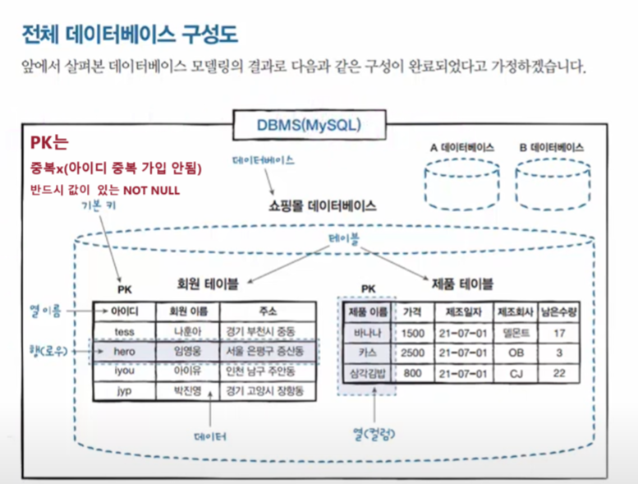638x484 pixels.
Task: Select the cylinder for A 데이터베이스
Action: (x=461, y=182)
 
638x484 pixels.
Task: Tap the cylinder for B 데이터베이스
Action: (x=550, y=182)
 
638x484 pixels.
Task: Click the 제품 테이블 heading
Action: (x=462, y=284)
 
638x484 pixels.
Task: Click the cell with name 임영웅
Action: (x=187, y=351)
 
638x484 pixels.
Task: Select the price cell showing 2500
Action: (x=413, y=353)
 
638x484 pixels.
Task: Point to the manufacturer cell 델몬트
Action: (x=515, y=333)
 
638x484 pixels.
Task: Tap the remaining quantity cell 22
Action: (x=559, y=373)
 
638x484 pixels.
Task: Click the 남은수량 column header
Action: (x=559, y=312)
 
